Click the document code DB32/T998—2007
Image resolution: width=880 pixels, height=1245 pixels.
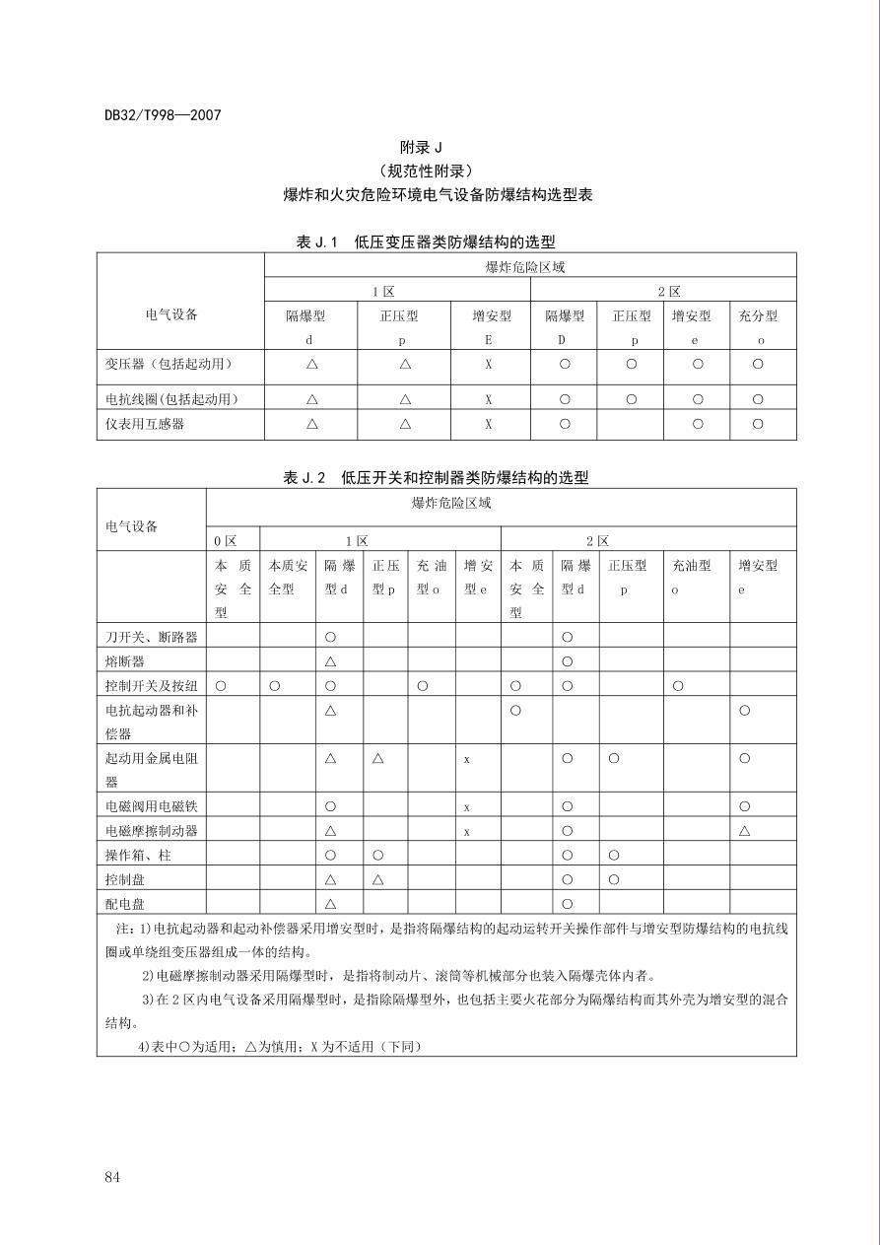pyautogui.click(x=163, y=115)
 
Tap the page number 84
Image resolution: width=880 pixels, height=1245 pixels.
pyautogui.click(x=111, y=1177)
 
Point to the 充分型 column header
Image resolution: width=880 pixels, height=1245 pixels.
pyautogui.click(x=758, y=316)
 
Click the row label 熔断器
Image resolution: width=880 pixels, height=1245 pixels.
pyautogui.click(x=125, y=660)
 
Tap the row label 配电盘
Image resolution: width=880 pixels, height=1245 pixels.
pyautogui.click(x=125, y=903)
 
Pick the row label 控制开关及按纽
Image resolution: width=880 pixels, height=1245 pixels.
pyautogui.click(x=151, y=685)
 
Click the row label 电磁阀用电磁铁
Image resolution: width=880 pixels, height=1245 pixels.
pyautogui.click(x=151, y=806)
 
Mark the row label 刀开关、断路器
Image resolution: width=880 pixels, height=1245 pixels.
pyautogui.click(x=151, y=637)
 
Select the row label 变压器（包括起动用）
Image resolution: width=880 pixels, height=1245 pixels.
pyautogui.click(x=169, y=364)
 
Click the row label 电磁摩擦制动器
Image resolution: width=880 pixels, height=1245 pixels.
pyautogui.click(x=151, y=830)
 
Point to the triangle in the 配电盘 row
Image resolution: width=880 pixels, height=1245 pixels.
pyautogui.click(x=330, y=903)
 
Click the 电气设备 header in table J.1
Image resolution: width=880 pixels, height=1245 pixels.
pyautogui.click(x=171, y=314)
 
